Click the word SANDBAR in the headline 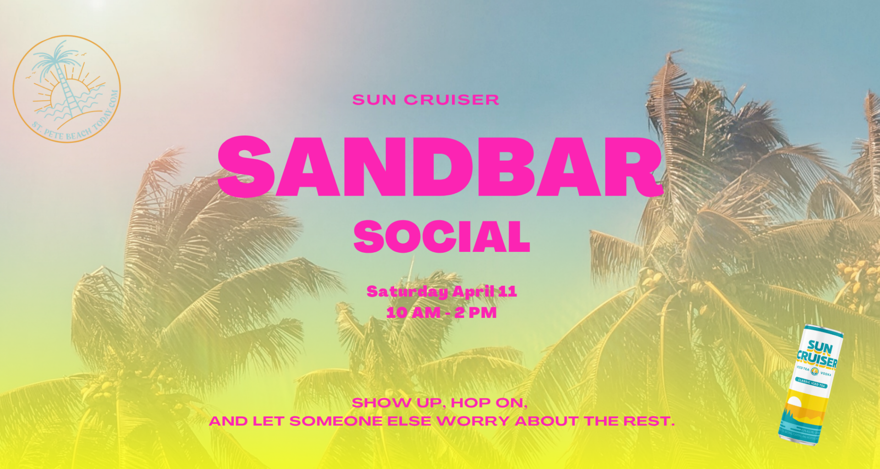[x=440, y=167]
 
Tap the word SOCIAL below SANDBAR [x=441, y=237]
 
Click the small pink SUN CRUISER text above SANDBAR [x=425, y=100]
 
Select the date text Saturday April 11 [x=441, y=291]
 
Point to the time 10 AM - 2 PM [x=441, y=313]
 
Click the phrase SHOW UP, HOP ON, [x=440, y=403]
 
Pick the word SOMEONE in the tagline [x=335, y=421]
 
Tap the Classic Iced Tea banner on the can [x=812, y=383]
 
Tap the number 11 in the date [x=507, y=291]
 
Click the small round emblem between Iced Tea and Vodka [x=814, y=371]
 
